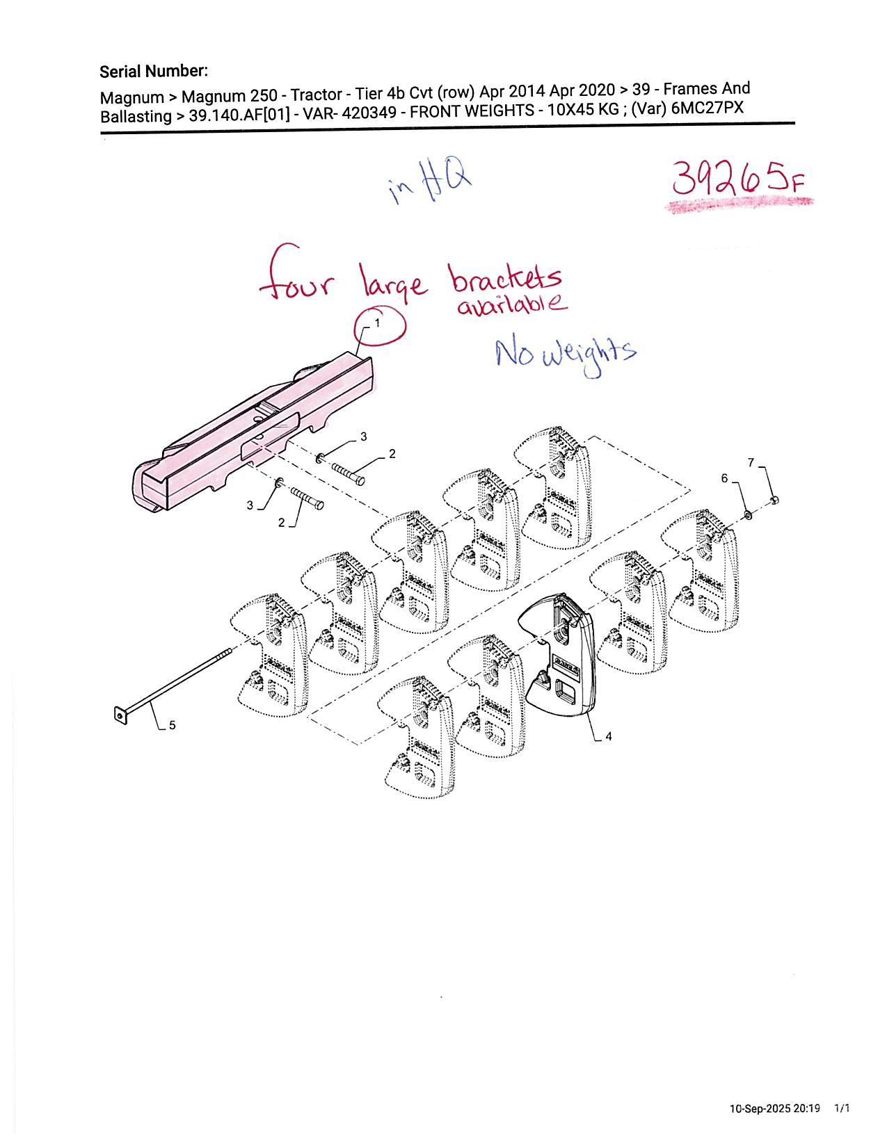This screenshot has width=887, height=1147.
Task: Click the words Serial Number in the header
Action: [x=154, y=71]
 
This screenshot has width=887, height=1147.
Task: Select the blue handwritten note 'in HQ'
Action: [x=430, y=184]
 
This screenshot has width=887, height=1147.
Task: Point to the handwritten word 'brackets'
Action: [x=506, y=278]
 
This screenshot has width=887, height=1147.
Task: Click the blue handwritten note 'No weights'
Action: [x=566, y=355]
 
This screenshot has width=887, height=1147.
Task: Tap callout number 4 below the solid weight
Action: [x=609, y=735]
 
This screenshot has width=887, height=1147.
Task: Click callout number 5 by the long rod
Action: [x=173, y=725]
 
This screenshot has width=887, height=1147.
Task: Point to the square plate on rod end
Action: [x=121, y=715]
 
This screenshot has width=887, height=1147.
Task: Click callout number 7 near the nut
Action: [x=751, y=462]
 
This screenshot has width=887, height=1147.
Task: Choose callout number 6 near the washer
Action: [x=725, y=478]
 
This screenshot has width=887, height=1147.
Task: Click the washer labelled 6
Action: [x=748, y=514]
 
